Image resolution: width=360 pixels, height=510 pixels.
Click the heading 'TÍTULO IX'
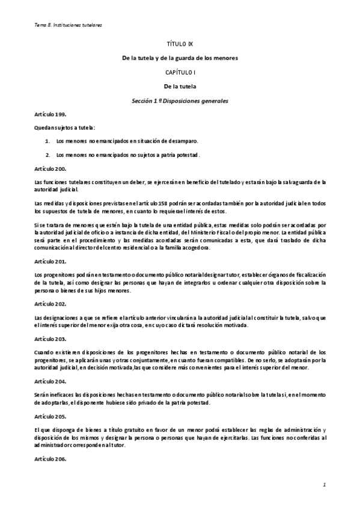pyautogui.click(x=180, y=45)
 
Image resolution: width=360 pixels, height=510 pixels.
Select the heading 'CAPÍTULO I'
pyautogui.click(x=180, y=72)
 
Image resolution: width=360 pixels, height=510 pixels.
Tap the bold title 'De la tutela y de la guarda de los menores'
pyautogui.click(x=180, y=58)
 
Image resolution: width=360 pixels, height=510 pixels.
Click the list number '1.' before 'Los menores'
pyautogui.click(x=48, y=141)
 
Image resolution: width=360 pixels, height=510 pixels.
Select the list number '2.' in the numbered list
pyautogui.click(x=48, y=155)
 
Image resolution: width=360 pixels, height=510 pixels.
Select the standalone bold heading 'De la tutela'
pyautogui.click(x=180, y=86)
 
